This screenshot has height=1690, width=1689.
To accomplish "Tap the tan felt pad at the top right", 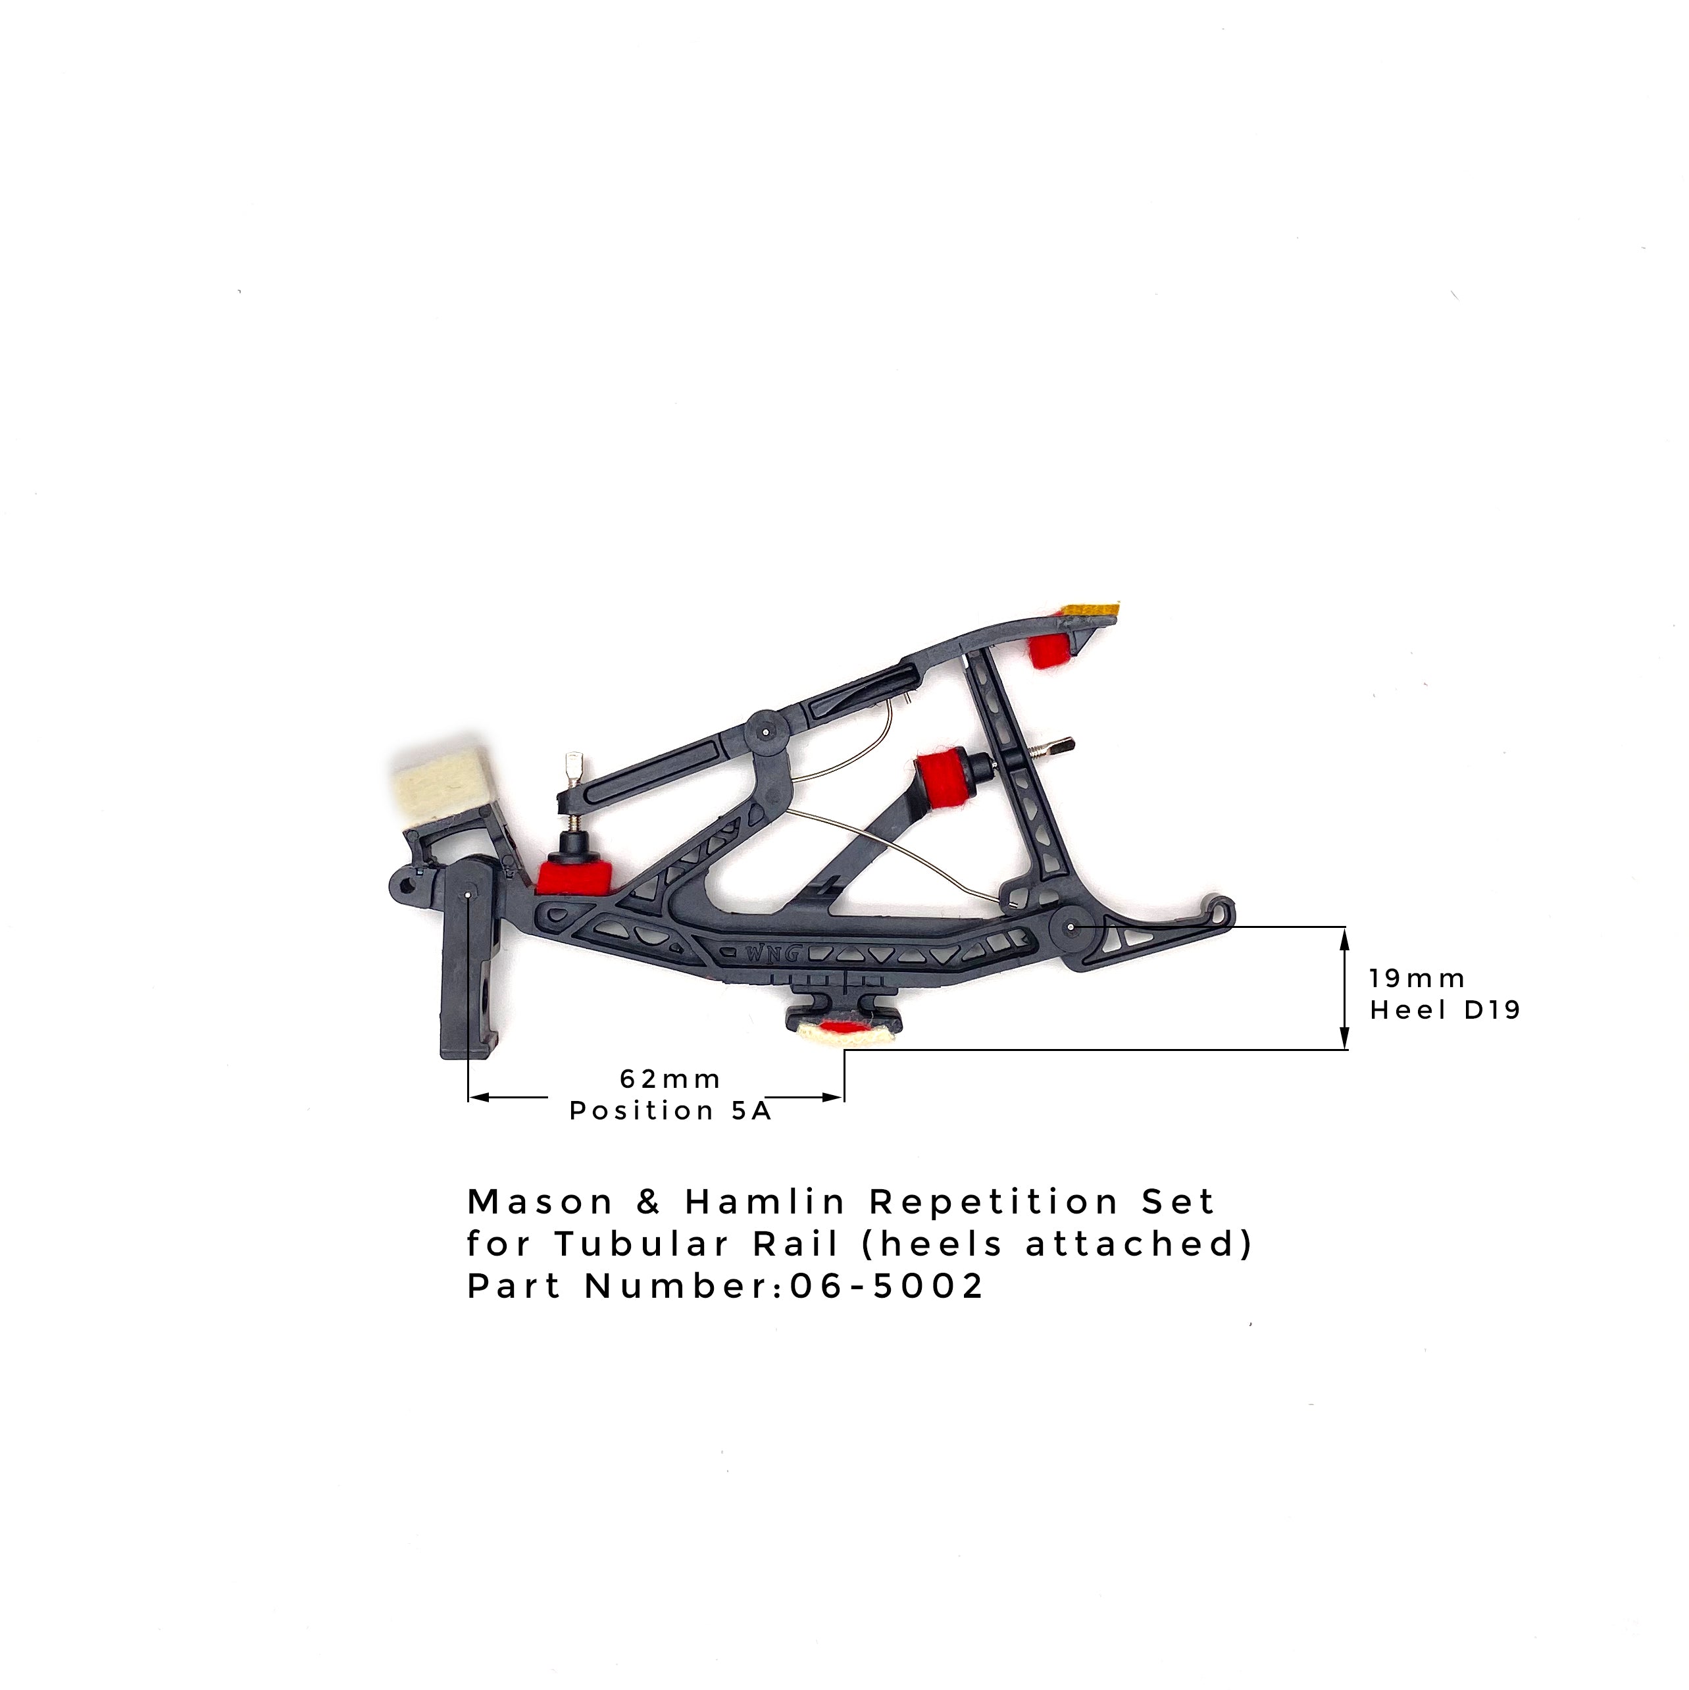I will pos(1090,609).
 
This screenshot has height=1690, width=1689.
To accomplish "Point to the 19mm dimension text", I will pos(1418,978).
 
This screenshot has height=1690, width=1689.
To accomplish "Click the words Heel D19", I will pos(1445,1010).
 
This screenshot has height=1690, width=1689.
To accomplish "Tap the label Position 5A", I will pos(670,1111).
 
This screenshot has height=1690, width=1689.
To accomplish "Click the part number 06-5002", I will pos(887,1286).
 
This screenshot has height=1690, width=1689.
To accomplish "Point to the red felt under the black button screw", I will pos(573,875).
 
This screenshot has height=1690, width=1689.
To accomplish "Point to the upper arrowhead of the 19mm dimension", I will pos(1346,936).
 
